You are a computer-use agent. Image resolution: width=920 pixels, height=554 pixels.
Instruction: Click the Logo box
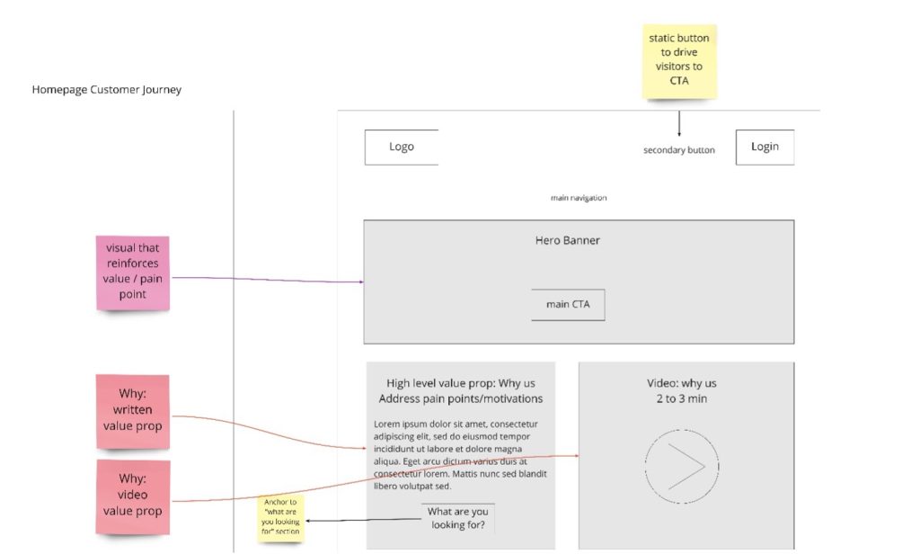[402, 147]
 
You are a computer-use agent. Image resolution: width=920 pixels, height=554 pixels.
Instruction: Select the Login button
[765, 147]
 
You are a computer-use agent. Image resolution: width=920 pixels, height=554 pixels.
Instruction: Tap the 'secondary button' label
[679, 150]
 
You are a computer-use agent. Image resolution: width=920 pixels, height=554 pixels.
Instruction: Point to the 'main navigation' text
[579, 198]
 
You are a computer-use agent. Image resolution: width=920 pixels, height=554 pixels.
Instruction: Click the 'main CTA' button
[568, 304]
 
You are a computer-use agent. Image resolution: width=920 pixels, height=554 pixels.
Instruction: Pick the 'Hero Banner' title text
[568, 240]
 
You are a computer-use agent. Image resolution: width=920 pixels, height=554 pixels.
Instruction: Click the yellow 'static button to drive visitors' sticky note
[679, 61]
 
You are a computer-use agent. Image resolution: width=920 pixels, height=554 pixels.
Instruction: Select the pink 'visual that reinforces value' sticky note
[133, 273]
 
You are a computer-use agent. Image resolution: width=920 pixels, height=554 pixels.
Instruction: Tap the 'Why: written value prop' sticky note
[133, 411]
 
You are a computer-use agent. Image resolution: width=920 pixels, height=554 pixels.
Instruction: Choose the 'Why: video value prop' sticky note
[133, 496]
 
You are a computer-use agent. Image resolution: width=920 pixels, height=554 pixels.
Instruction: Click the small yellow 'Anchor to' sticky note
[280, 517]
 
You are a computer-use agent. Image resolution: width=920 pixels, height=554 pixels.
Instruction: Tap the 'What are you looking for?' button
[457, 518]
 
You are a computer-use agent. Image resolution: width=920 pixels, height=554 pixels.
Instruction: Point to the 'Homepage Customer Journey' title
[106, 89]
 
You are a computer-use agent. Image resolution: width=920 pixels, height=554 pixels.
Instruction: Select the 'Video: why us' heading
[681, 383]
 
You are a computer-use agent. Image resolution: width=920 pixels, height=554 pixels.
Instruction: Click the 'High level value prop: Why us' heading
[461, 383]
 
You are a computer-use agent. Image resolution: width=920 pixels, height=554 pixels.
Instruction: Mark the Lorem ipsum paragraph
[460, 455]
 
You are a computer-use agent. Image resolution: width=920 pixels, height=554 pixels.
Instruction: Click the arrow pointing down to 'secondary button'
[679, 123]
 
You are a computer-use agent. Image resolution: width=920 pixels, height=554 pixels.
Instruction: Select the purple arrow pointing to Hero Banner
[268, 280]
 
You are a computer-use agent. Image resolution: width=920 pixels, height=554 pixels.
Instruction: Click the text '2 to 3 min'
[681, 398]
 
